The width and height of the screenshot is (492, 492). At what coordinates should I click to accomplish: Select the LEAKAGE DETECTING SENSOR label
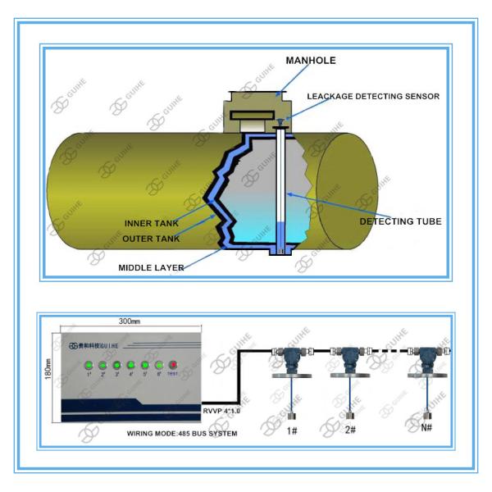click(373, 97)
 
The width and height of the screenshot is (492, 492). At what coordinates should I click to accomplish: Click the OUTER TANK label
click(151, 238)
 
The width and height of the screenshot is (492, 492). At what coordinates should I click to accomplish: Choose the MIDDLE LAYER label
click(151, 267)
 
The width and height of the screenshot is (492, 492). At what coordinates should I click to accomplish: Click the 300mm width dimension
click(131, 321)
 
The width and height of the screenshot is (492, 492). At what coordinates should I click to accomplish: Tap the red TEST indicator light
click(172, 365)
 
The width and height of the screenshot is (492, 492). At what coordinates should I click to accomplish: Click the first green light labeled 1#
click(88, 365)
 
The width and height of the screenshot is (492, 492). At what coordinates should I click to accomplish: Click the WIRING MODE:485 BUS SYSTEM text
click(182, 432)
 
